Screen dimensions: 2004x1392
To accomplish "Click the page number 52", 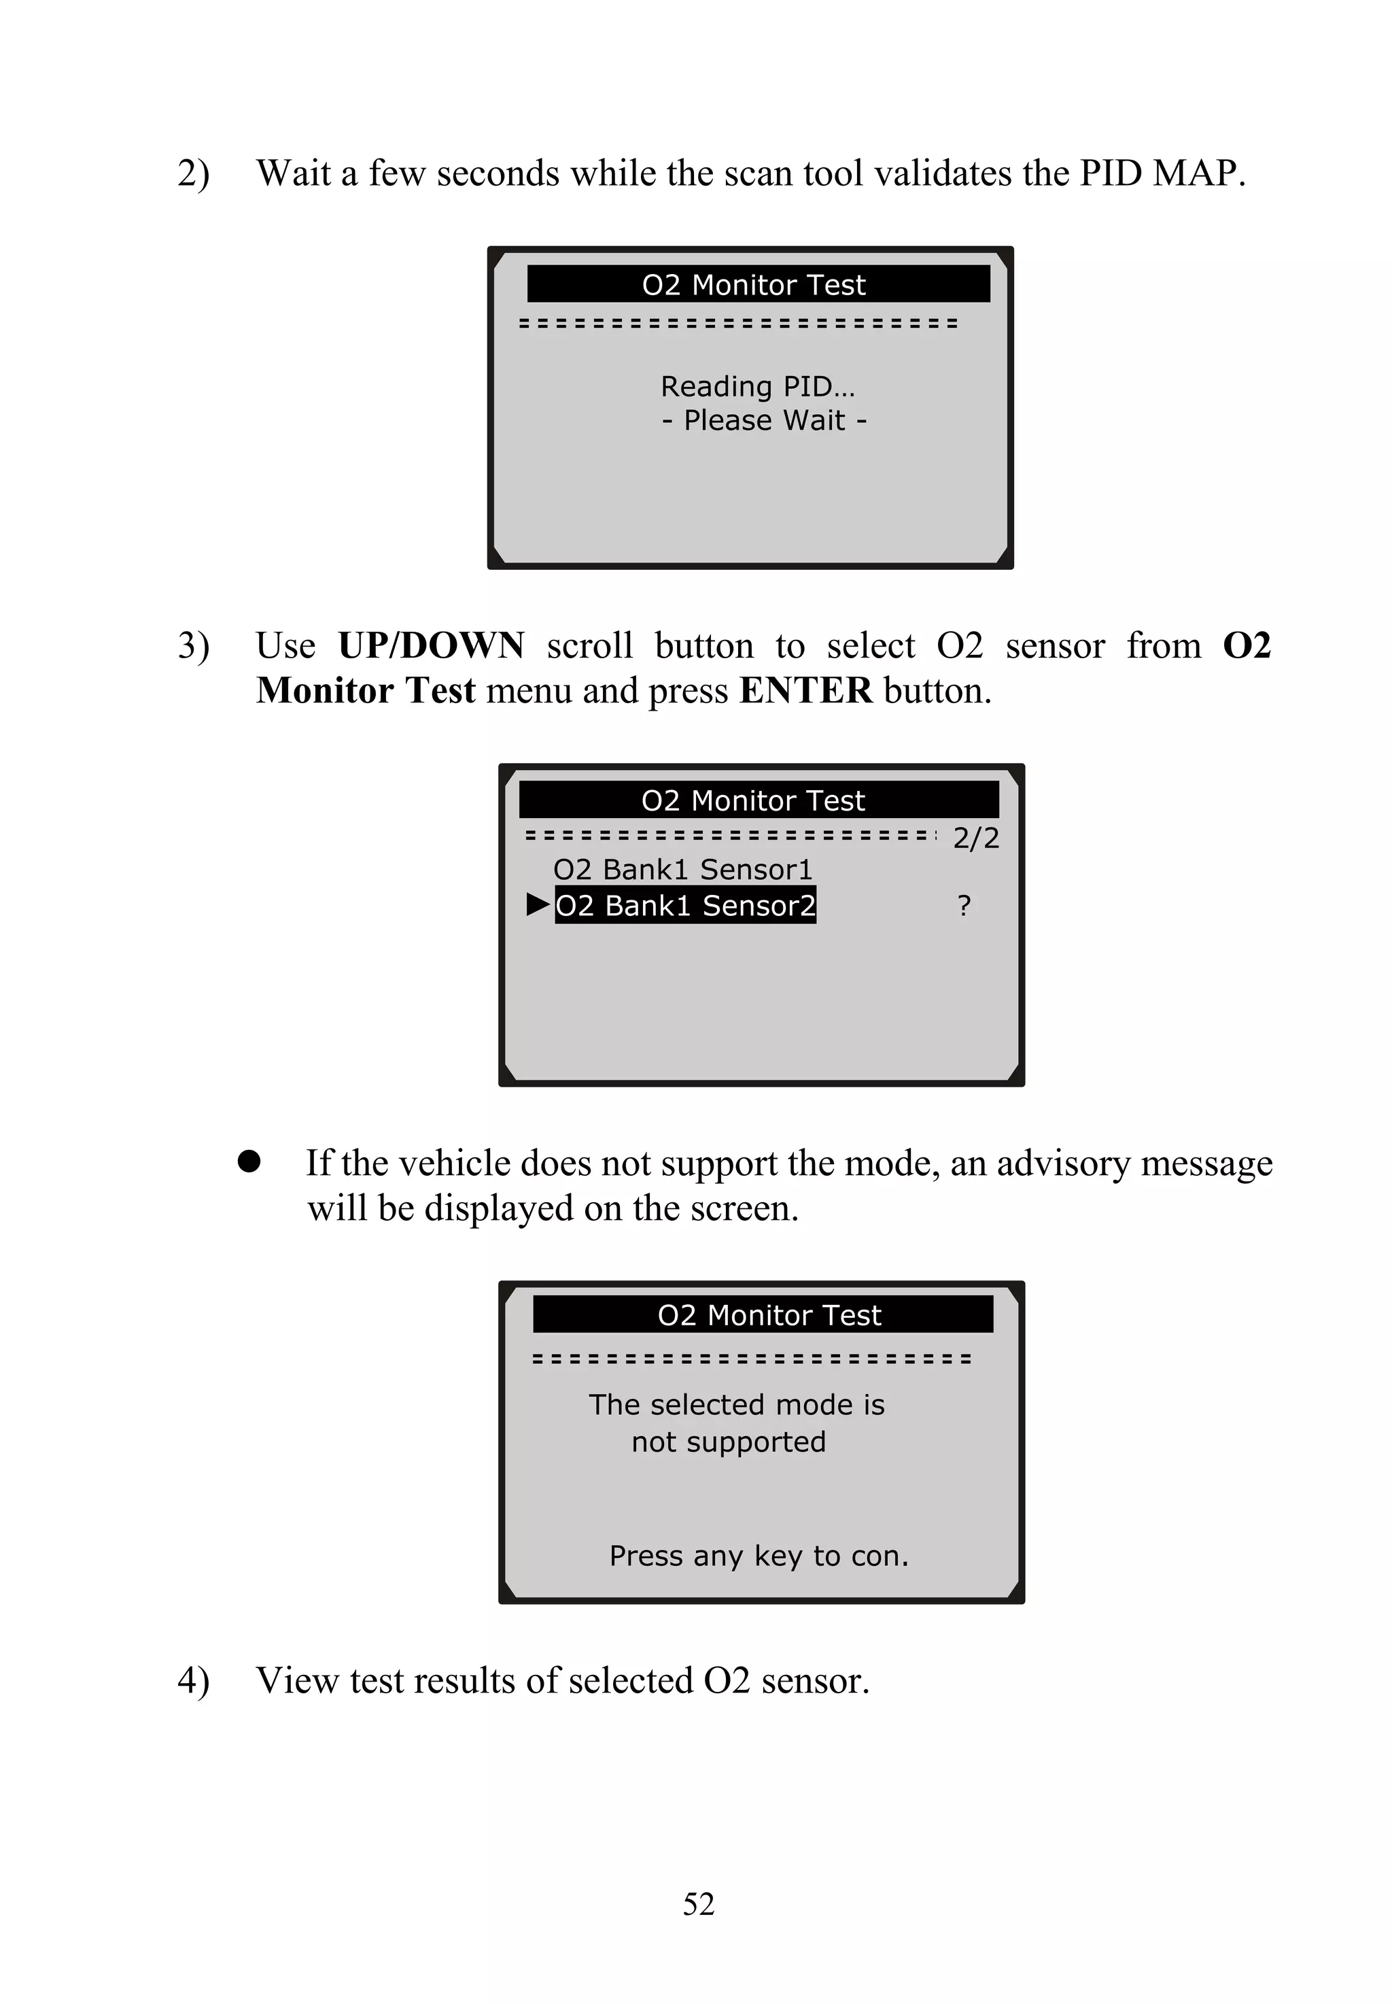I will pyautogui.click(x=698, y=1903).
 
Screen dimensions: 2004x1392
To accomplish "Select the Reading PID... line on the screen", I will pyautogui.click(x=757, y=386).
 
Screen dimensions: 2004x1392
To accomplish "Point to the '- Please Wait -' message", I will pyautogui.click(x=764, y=420).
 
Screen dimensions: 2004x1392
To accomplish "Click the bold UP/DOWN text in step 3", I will pyautogui.click(x=431, y=645).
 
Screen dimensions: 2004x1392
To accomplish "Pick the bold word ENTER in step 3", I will pyautogui.click(x=805, y=691).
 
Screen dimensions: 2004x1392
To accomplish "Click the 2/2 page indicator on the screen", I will pyautogui.click(x=975, y=838).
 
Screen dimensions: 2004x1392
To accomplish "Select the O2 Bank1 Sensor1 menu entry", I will pyautogui.click(x=682, y=870).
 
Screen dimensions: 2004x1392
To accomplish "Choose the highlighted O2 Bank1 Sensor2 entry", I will pyautogui.click(x=684, y=906).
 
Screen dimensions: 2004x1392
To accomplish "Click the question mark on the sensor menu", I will pyautogui.click(x=964, y=906).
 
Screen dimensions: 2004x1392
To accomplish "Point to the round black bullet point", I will pyautogui.click(x=249, y=1161).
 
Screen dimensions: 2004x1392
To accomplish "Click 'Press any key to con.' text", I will pyautogui.click(x=759, y=1556).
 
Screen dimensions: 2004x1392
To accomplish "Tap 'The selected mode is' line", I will pyautogui.click(x=736, y=1405).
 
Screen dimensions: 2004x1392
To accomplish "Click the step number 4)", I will pyautogui.click(x=193, y=1680).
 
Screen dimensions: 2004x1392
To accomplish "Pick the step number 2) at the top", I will pyautogui.click(x=193, y=173).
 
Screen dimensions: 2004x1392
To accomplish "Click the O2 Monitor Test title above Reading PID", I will pyautogui.click(x=754, y=284).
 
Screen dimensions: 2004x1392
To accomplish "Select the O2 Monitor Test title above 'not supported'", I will pyautogui.click(x=769, y=1314).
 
